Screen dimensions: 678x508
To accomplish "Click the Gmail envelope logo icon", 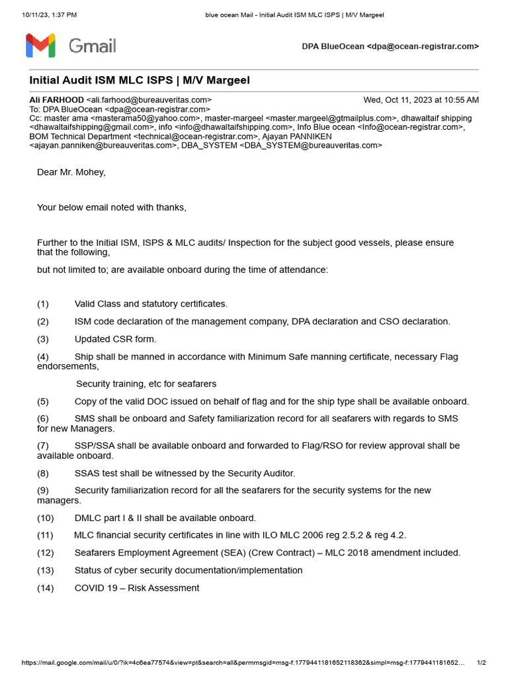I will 40,46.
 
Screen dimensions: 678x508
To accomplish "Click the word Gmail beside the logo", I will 93,46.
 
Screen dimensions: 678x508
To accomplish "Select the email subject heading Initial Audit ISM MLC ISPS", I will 140,80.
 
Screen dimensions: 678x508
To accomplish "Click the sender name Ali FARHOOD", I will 56,100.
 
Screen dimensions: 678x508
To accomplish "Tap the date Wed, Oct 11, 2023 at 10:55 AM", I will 421,100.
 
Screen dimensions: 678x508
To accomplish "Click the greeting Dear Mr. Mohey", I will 71,172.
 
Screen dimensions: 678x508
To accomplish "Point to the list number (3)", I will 43,339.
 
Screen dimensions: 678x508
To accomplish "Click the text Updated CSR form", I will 115,339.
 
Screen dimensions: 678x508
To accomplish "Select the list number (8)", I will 43,473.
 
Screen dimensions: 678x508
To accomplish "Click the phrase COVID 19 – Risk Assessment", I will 136,588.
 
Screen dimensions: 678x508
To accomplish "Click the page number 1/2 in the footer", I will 482,663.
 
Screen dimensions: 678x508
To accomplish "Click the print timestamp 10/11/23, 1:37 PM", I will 50,15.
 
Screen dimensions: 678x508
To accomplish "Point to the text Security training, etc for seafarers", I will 146,384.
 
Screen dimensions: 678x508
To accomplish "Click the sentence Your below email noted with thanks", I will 112,207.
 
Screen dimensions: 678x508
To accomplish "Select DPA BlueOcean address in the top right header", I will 390,46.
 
